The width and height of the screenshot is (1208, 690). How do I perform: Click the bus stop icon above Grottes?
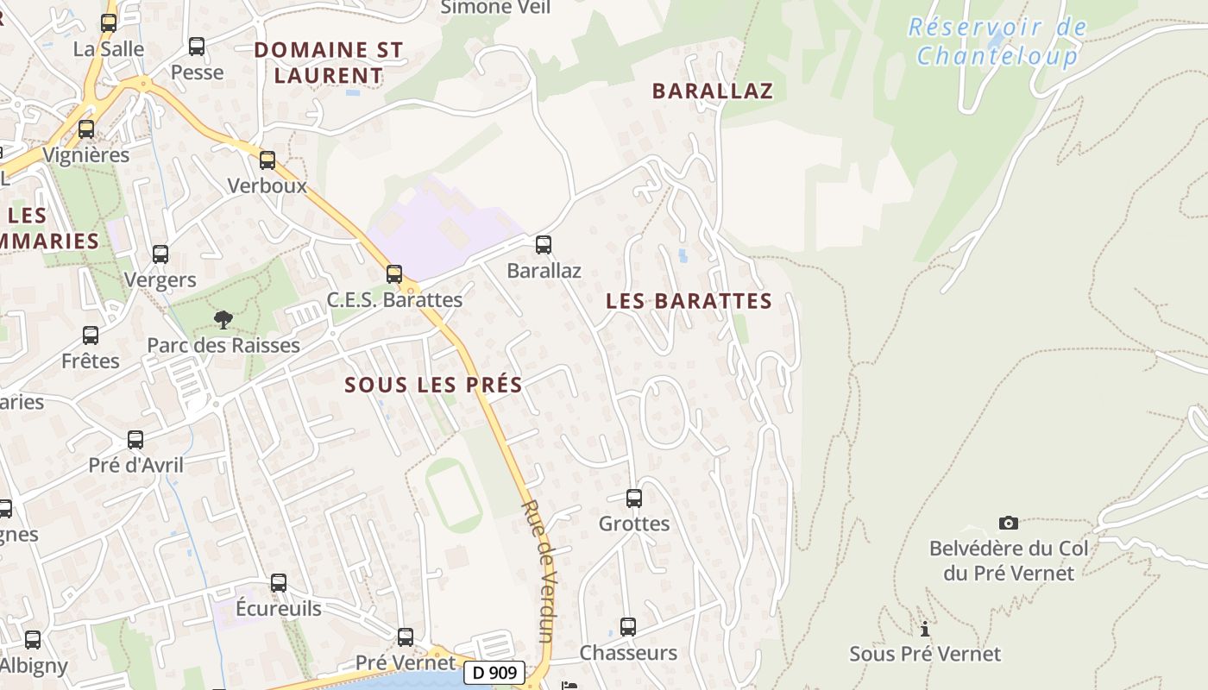634,498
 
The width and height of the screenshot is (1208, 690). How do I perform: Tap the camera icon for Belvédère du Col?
1008,523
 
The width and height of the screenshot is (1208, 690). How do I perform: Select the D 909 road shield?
494,673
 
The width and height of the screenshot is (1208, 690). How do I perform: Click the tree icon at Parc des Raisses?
223,320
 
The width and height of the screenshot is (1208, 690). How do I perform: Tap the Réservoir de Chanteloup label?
997,41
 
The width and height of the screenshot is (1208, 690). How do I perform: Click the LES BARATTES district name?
689,301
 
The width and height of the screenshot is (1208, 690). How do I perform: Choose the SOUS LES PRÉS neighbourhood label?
433,385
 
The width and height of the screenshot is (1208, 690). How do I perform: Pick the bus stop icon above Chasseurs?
628,627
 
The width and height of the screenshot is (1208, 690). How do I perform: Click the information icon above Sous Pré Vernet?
925,629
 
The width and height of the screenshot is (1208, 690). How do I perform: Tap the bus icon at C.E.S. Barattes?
394,274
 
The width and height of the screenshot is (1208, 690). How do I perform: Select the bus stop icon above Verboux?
267,160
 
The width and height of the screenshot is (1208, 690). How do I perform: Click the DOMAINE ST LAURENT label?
329,62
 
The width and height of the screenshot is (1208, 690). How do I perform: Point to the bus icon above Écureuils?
278,583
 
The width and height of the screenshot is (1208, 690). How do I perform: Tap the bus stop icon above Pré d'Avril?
135,440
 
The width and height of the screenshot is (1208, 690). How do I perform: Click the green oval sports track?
453,495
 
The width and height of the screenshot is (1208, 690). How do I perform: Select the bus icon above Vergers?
160,254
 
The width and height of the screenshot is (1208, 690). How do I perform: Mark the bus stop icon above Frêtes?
91,335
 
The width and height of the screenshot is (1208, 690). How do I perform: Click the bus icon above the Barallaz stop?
544,245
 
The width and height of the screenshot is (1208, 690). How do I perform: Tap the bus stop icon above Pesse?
197,47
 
